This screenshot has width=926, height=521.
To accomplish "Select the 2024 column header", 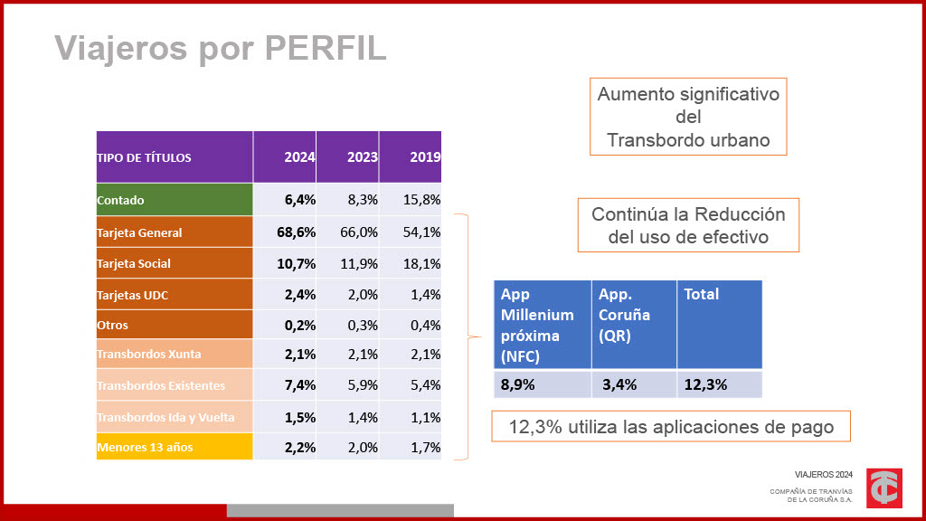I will click(x=299, y=156).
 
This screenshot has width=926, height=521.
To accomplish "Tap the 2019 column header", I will click(x=424, y=156).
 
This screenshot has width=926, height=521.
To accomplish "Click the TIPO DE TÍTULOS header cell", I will click(x=145, y=157).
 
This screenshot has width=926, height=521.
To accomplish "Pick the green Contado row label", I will click(x=121, y=200).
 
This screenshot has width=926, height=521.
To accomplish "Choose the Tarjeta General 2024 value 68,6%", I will click(x=296, y=232).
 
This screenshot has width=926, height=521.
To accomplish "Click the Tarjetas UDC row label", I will click(x=133, y=295).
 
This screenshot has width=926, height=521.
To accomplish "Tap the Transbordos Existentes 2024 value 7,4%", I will click(x=299, y=385).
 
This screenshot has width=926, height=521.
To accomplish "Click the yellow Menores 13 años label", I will click(x=145, y=447).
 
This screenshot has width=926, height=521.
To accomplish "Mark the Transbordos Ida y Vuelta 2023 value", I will click(x=362, y=417).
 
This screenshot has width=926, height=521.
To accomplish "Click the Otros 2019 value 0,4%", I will click(x=424, y=325).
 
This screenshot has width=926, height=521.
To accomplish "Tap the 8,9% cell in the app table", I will click(x=518, y=384).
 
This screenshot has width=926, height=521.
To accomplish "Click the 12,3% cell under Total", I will click(x=705, y=384).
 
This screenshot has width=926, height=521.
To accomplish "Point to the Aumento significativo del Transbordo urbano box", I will click(x=688, y=116).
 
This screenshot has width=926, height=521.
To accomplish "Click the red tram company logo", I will click(x=883, y=488).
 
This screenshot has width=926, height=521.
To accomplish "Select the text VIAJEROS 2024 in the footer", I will click(x=823, y=474).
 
